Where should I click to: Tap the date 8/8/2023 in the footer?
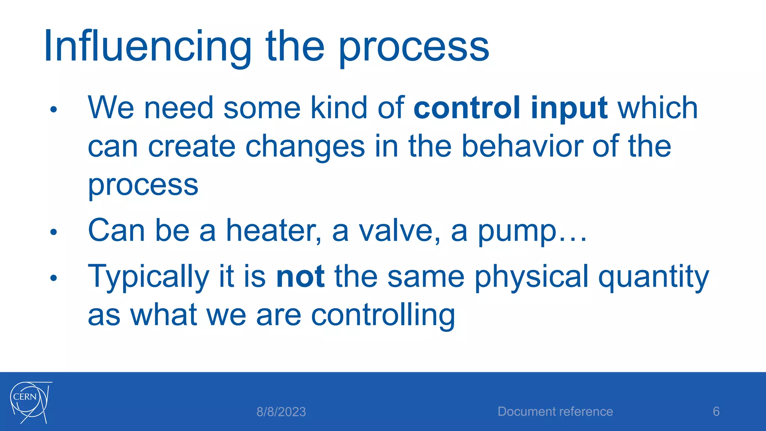(281, 412)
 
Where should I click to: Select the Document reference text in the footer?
(555, 412)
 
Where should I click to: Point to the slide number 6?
(716, 412)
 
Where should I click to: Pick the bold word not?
(300, 276)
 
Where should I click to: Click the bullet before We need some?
(53, 110)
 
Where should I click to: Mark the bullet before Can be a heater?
(53, 232)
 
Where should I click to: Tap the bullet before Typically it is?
(53, 278)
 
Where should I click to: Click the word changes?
(305, 147)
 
